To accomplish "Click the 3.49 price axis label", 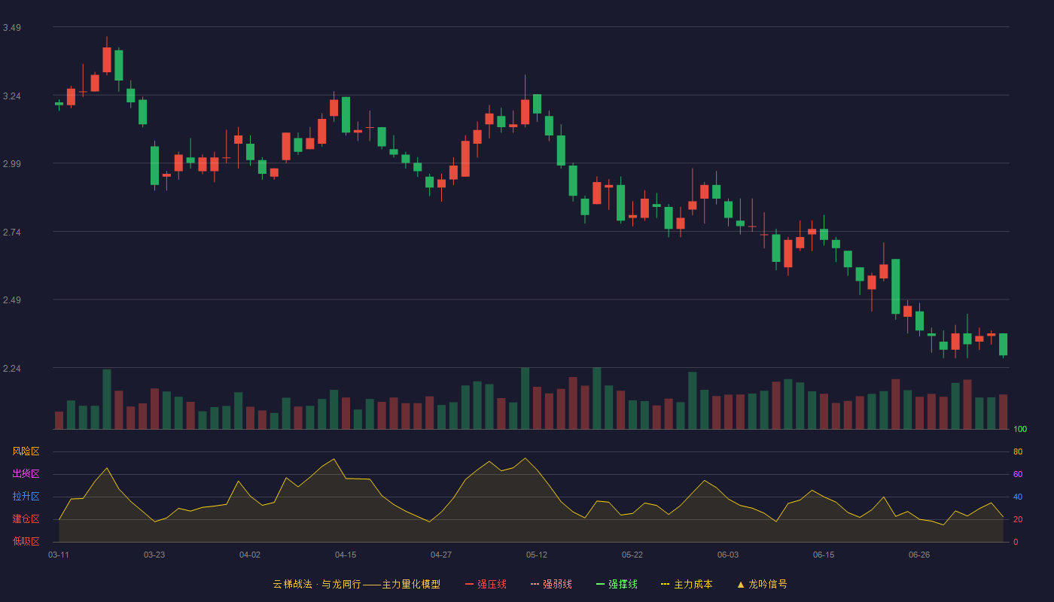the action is point(12,28).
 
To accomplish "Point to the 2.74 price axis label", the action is point(12,233).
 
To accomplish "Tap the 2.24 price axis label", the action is point(12,368).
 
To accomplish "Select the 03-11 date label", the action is point(59,555).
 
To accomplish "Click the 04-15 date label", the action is point(346,555).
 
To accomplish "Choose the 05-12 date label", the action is point(536,555).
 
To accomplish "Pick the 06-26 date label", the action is point(919,555).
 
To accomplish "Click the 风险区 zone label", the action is point(26,451).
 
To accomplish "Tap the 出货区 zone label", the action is point(26,473).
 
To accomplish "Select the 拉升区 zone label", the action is point(26,496).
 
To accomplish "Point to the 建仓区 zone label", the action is point(26,518).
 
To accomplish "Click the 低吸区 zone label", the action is point(26,541).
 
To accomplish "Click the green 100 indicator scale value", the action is point(1020,429).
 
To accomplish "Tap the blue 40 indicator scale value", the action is point(1018,497).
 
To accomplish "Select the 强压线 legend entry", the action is point(486,584).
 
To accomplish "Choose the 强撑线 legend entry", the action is point(617,584).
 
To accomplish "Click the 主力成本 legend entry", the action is point(687,584).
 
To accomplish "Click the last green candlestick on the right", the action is point(1003,345).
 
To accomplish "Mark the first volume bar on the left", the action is point(59,421).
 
